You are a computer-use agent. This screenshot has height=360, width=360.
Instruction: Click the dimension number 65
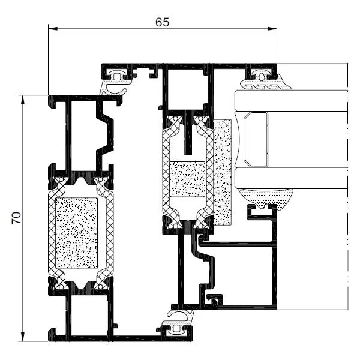162,22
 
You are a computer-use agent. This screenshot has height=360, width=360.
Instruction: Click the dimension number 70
17,218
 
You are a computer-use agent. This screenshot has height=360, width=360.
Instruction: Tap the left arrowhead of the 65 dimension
53,29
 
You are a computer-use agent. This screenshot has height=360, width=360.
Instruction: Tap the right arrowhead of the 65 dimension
272,29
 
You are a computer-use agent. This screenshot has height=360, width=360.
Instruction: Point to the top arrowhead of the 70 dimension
23,100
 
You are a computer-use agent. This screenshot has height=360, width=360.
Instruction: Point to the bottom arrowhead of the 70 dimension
23,337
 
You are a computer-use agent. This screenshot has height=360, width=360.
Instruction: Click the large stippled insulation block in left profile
77,233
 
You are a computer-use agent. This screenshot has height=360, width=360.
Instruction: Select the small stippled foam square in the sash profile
187,179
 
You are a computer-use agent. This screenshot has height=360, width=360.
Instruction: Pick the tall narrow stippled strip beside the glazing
223,172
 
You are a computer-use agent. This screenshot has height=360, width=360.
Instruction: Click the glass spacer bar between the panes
256,139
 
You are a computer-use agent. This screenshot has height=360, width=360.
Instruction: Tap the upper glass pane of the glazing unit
291,101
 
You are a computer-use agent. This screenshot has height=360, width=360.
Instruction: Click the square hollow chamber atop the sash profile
185,90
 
